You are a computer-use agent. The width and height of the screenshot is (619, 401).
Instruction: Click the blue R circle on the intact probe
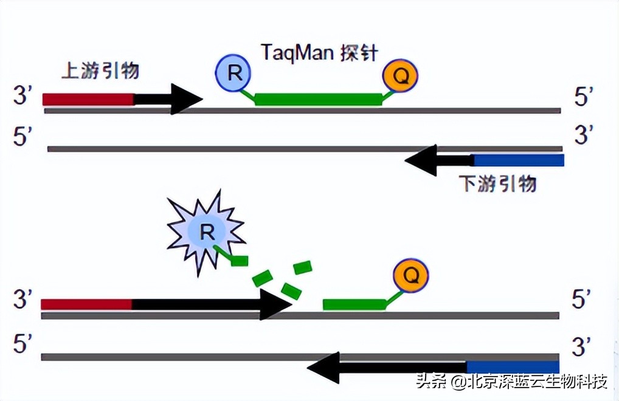pos(233,73)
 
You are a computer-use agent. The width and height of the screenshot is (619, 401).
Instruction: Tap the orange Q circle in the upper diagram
pos(400,75)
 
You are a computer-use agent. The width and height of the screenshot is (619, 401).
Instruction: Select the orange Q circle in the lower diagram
pos(410,276)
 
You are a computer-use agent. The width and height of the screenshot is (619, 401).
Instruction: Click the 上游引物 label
pos(101,70)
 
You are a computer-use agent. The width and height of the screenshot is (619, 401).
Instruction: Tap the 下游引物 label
pos(498,183)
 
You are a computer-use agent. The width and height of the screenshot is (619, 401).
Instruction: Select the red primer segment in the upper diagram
pos(88,99)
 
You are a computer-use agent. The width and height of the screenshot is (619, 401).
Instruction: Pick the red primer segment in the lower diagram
pos(86,304)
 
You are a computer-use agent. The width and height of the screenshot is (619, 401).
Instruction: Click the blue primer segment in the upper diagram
pos(518,160)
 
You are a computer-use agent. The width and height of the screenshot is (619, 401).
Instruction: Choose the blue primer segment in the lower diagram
pos(513,366)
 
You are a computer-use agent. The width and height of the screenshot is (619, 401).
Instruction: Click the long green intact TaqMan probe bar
pos(319,99)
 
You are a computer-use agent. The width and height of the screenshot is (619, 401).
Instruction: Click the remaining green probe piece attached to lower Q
pos(354,304)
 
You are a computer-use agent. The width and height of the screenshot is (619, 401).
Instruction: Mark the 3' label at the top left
pos(23,95)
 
